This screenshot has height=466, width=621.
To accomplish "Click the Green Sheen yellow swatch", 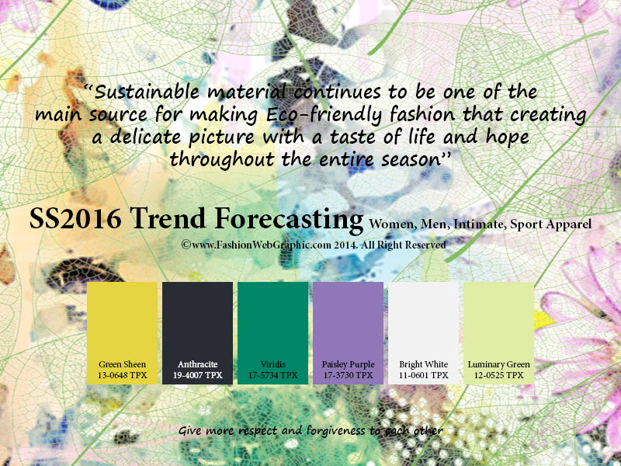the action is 122,333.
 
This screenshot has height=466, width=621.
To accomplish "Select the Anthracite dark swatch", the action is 197,333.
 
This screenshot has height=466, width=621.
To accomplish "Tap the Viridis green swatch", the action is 272,333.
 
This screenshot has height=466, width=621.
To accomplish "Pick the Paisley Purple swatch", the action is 348,333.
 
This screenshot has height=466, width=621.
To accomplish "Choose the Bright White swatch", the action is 423,333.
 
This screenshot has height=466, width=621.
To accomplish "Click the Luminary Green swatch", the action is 498,333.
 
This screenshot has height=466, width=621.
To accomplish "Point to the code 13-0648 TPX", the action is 123,375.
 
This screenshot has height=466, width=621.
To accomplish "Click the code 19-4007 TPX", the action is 198,375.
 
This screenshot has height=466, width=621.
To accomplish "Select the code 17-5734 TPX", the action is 273,375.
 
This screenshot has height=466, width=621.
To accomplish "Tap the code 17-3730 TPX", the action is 348,375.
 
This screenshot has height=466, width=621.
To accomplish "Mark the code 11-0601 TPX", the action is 423,375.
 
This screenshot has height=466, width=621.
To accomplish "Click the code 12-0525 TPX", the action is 499,375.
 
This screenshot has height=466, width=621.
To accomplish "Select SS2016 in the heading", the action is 75,218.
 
